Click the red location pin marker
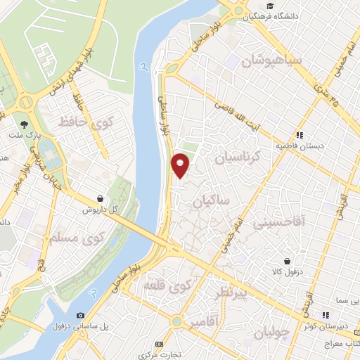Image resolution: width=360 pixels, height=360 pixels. click(181, 165)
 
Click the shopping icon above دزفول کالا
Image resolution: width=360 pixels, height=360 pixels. click(287, 259)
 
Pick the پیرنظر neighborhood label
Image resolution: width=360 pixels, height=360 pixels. click(233, 291)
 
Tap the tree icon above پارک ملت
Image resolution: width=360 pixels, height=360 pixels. click(25, 123)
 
